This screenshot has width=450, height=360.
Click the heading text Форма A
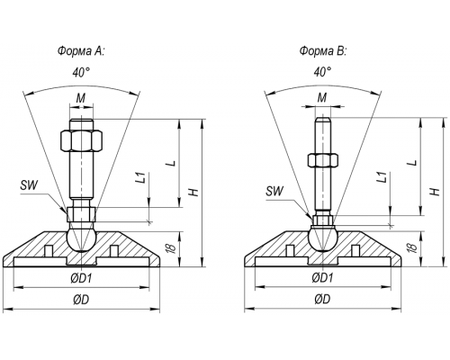(81, 51)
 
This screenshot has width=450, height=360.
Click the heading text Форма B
(323, 51)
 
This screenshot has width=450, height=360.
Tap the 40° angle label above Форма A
(81, 72)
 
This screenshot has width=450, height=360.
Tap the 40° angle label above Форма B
(323, 72)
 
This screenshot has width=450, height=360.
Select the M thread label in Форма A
(81, 98)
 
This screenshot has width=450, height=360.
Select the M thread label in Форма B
(322, 97)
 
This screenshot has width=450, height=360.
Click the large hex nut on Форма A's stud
(81, 140)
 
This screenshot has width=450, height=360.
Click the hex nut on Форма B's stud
(323, 160)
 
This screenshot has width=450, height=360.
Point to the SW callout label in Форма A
(30, 185)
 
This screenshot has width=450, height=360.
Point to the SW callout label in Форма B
(274, 191)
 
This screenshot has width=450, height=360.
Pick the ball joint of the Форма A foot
(81, 239)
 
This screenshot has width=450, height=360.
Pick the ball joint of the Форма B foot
(323, 239)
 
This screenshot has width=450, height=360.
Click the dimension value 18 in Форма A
(171, 248)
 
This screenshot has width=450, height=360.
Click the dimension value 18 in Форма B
(412, 247)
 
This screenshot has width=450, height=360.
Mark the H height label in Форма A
(195, 192)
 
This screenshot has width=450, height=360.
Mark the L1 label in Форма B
(382, 177)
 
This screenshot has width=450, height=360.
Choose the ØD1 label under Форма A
(81, 279)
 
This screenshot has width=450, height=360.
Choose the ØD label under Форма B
(323, 299)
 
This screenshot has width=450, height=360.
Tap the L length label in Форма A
(171, 164)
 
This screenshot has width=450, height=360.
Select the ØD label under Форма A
(81, 299)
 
